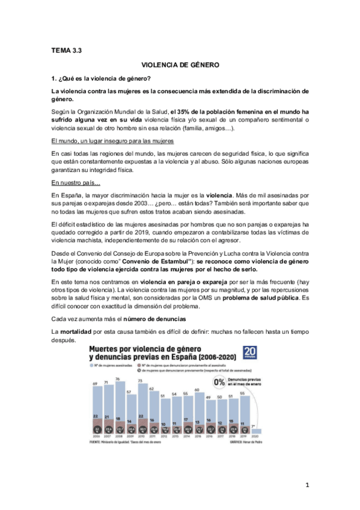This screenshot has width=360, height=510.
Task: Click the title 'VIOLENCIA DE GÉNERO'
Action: tap(180, 63)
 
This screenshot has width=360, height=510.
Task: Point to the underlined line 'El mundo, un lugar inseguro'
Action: tap(112, 140)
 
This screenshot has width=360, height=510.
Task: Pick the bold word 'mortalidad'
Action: tap(77, 332)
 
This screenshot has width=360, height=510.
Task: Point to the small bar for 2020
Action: tap(258, 431)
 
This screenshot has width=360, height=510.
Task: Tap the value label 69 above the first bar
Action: tap(95, 383)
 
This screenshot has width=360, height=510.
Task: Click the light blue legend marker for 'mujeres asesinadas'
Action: tap(91, 364)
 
